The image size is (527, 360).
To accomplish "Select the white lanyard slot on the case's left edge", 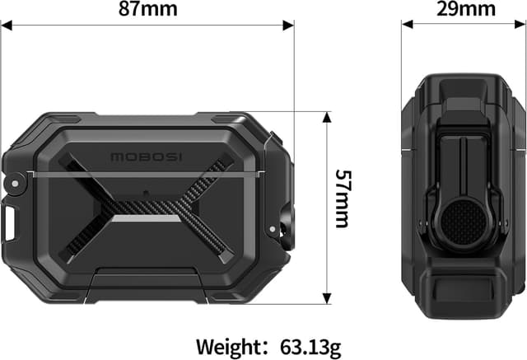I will tap(10, 221).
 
